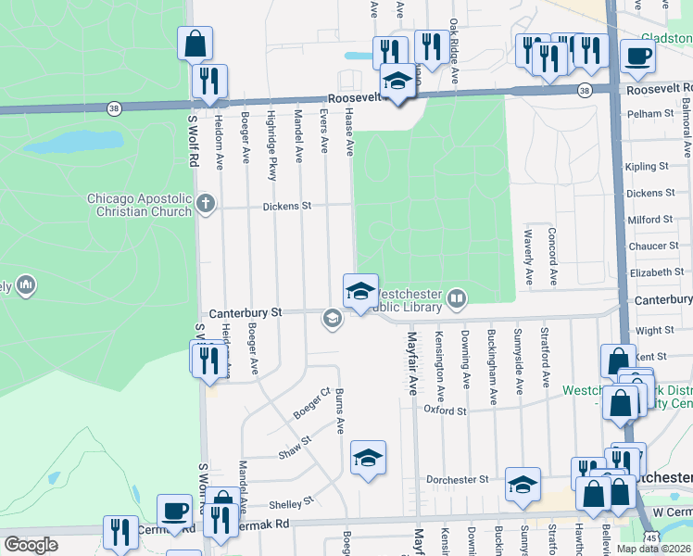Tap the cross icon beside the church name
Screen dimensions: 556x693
206,203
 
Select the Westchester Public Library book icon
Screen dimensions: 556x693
456,298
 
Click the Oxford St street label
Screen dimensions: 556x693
444,410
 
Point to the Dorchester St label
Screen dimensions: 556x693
457,479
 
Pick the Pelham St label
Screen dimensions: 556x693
654,113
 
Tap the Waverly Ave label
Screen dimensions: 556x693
528,257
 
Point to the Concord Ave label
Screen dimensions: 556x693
552,257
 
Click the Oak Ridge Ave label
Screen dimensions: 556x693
454,51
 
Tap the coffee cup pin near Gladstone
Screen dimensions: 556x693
636,57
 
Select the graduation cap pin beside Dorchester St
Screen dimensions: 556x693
523,484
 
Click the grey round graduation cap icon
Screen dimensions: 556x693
331,320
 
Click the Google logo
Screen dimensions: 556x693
31,545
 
